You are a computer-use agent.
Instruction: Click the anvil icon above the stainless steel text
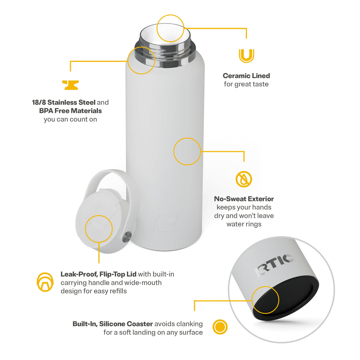tap(70, 85)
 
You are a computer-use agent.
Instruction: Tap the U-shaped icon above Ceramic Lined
tap(246, 56)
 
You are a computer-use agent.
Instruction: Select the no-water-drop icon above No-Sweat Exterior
tap(244, 179)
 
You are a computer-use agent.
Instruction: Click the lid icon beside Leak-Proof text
tap(45, 282)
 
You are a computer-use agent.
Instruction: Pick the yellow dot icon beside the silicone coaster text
tap(220, 327)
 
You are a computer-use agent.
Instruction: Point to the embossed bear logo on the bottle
tap(166, 223)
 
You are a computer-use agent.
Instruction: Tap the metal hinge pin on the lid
tap(127, 237)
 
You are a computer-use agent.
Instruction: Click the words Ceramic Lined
tap(246, 76)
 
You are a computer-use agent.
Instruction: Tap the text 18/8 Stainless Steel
tap(64, 102)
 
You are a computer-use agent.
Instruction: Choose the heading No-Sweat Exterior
tap(244, 199)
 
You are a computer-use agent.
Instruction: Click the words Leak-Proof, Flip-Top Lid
tap(98, 274)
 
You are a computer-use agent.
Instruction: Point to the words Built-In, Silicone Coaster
tap(113, 324)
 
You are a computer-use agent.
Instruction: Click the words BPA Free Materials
tap(70, 111)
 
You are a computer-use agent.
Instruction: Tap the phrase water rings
tap(244, 224)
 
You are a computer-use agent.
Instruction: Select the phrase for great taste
tap(246, 84)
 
